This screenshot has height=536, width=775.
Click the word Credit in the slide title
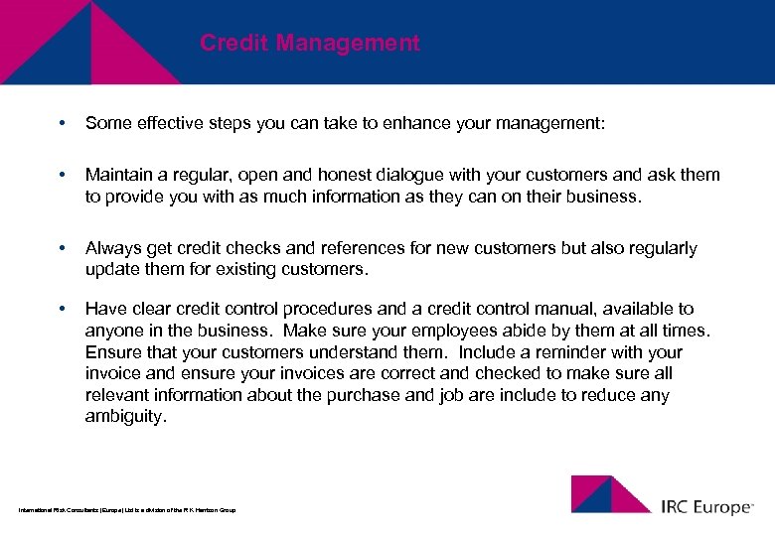pos(234,44)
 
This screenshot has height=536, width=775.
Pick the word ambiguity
pos(125,417)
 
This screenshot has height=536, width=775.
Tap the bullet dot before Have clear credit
pos(62,309)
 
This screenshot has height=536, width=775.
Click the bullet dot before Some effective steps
pos(62,124)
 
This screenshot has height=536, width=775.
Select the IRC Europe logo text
pos(706,507)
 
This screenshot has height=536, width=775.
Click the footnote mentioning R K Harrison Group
pos(127,510)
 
